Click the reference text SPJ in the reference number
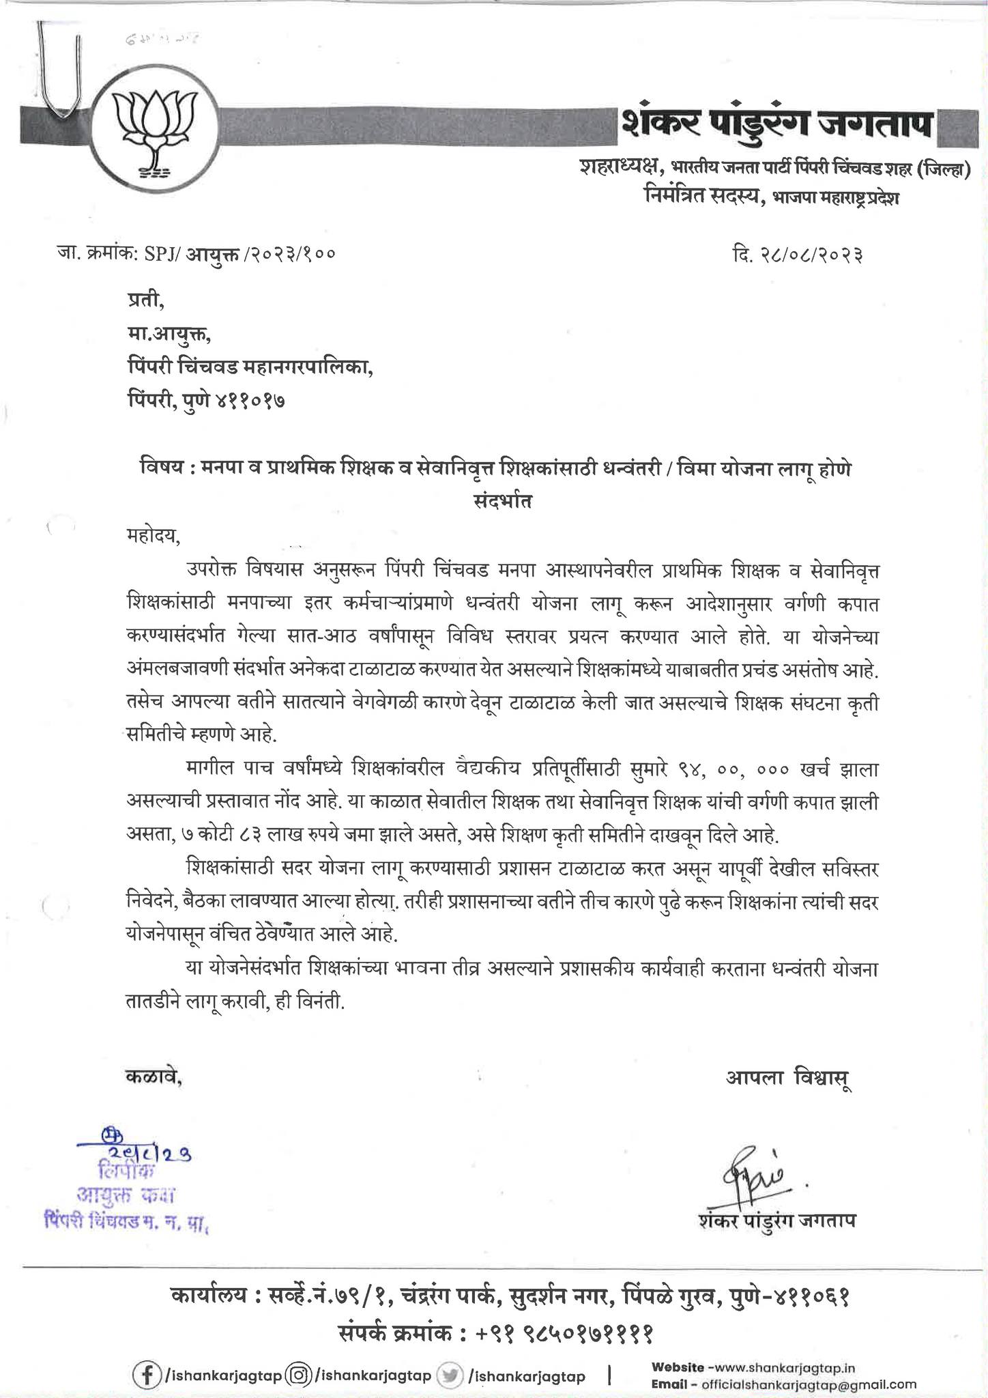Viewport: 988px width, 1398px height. [158, 255]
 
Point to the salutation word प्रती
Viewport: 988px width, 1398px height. [145, 300]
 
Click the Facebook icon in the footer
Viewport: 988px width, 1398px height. [145, 1375]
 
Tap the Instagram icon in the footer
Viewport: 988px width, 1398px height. [298, 1375]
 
